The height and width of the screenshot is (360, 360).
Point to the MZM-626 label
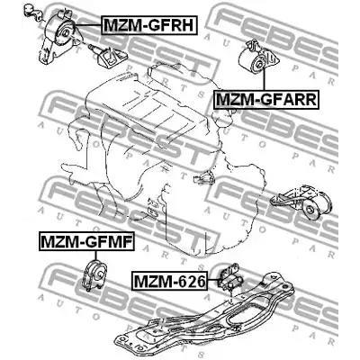(x=169, y=283)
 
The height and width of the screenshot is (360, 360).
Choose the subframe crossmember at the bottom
(x=225, y=319)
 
